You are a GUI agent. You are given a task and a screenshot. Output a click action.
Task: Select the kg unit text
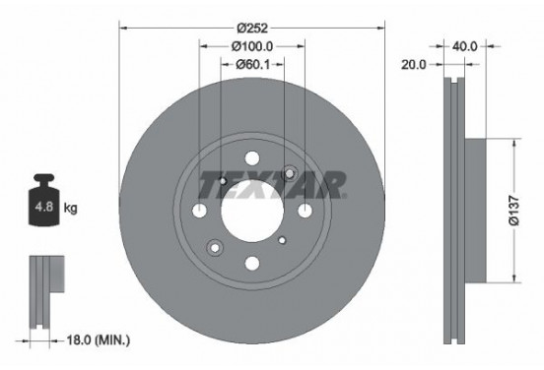pyautogui.click(x=71, y=209)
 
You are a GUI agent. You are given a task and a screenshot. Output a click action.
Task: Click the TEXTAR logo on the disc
pyautogui.click(x=271, y=182)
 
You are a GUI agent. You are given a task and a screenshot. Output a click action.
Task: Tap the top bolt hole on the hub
pyautogui.click(x=250, y=157)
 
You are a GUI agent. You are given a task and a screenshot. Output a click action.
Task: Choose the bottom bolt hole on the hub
pyautogui.click(x=250, y=262)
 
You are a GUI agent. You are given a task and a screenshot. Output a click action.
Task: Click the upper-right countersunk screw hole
pyautogui.click(x=290, y=173)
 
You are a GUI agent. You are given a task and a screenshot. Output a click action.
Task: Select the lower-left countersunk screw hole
pyautogui.click(x=213, y=246)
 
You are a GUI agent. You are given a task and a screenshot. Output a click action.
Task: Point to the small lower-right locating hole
pyautogui.click(x=283, y=240)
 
